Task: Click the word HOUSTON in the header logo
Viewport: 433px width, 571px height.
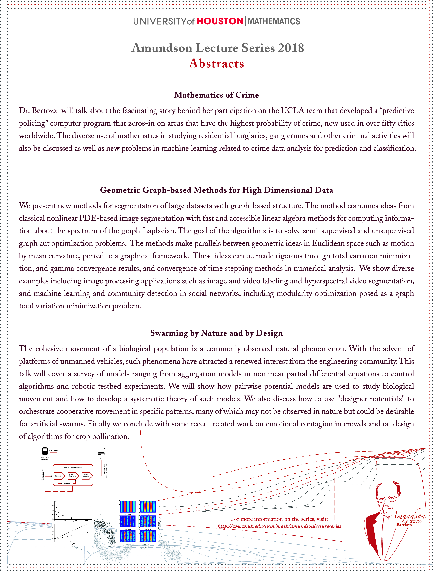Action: (x=220, y=21)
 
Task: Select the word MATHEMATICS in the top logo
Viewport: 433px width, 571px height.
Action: (x=274, y=21)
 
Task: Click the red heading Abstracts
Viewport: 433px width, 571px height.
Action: (x=216, y=64)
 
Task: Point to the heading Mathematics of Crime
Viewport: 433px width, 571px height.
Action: (x=216, y=95)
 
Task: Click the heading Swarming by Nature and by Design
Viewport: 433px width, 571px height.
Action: (x=216, y=333)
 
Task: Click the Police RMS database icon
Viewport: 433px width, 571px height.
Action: (x=45, y=451)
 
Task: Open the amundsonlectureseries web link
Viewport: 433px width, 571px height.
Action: (x=279, y=526)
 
